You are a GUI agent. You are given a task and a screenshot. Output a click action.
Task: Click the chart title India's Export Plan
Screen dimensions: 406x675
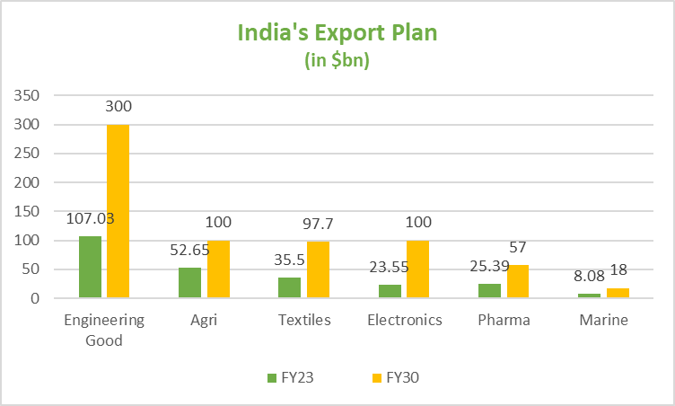pos(337,34)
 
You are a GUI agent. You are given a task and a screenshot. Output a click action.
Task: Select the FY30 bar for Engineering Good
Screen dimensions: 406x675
pos(118,211)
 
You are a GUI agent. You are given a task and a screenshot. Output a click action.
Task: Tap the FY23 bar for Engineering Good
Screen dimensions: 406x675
pos(90,267)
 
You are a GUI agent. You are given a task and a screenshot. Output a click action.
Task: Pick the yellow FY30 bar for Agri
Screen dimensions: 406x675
pos(218,269)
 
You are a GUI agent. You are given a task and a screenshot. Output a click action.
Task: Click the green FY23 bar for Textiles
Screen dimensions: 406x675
pos(290,287)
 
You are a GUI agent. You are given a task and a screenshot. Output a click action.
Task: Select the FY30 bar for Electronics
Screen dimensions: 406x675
pos(417,269)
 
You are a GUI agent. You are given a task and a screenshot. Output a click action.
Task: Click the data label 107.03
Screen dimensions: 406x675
pos(90,218)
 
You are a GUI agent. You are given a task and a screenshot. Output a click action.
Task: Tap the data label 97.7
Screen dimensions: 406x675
pos(319,222)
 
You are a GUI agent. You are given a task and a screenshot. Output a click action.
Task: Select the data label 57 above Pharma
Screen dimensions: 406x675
pos(518,246)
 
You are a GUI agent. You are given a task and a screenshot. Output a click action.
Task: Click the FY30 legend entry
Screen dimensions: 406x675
pos(393,377)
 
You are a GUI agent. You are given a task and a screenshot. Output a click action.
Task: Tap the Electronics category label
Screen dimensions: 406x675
pos(404,320)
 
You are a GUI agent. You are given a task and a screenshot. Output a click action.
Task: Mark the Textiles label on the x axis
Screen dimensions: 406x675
pos(303,320)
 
